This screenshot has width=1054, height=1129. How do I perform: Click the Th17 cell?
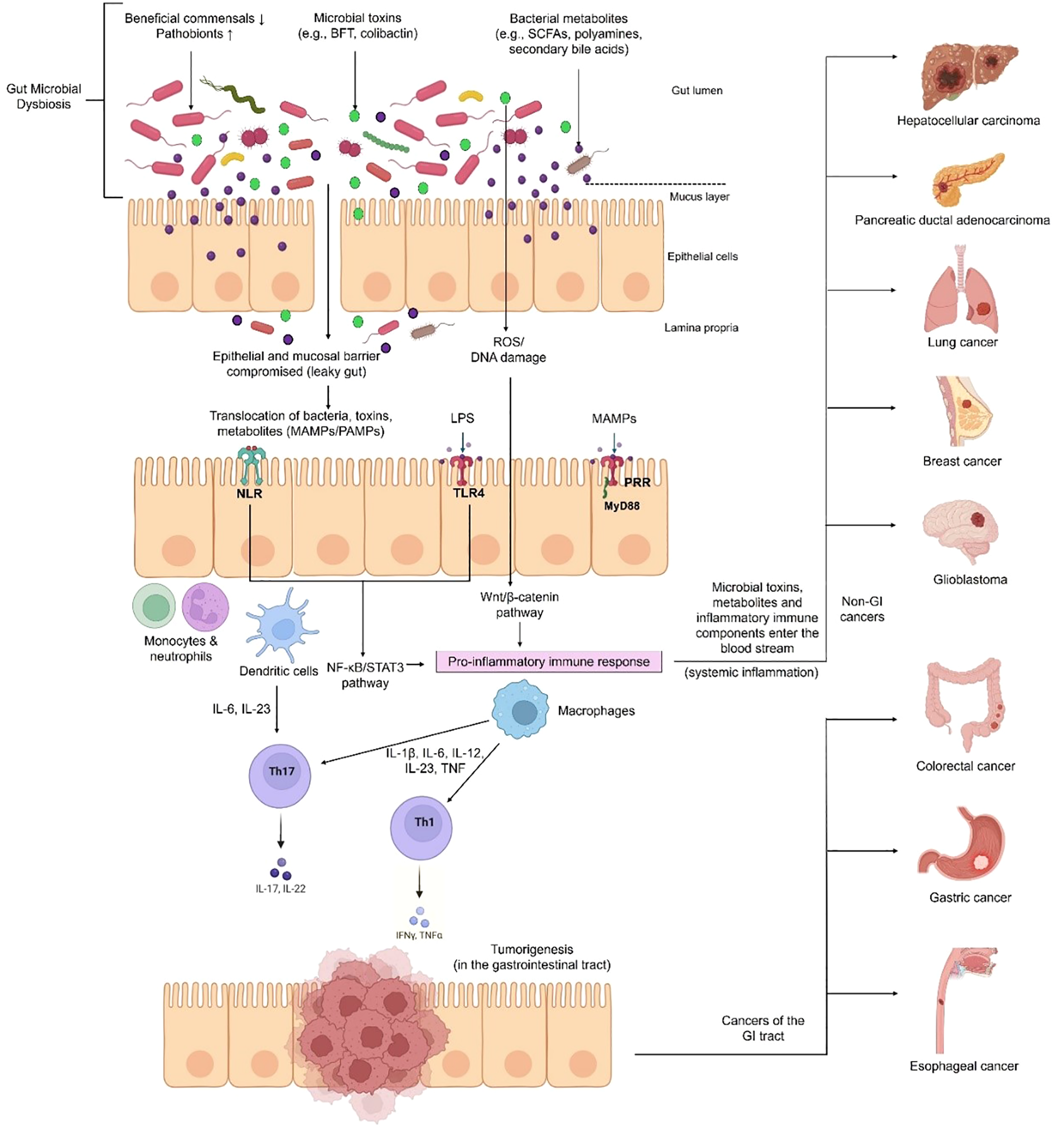coord(279,776)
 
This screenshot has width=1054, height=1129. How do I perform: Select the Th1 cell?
coord(421,827)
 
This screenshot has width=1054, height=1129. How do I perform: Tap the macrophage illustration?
coord(519,709)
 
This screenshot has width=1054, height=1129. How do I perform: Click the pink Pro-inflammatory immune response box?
coord(548,662)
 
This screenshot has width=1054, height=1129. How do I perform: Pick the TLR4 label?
coord(468,493)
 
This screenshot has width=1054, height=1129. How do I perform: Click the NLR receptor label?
coord(249,493)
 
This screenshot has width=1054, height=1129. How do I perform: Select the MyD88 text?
coord(622,506)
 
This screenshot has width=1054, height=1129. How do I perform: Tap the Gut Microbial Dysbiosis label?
coord(43,96)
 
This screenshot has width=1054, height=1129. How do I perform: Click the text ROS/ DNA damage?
coord(508,350)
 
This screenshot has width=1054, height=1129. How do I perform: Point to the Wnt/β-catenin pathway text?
coord(519,604)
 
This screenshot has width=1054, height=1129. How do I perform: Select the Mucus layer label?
coord(699,196)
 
